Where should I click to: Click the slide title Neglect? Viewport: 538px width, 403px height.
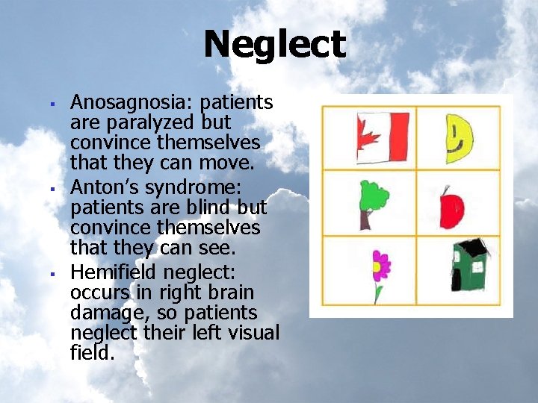coord(274,44)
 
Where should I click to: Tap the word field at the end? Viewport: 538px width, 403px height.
coord(92,353)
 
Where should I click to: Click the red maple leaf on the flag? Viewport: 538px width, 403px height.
coord(368,137)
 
